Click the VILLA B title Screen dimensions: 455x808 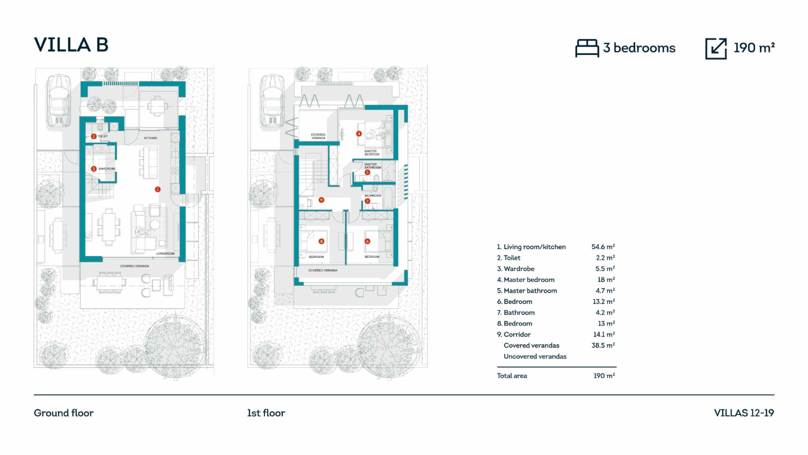71,45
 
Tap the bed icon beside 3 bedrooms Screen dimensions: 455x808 587,48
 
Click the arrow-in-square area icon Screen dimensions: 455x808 716,48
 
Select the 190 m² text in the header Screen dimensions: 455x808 754,48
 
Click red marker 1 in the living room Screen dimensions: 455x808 158,189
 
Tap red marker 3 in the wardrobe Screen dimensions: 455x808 93,169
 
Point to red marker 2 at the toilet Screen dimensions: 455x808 93,136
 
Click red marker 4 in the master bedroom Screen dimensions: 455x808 359,133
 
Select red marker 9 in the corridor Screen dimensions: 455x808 321,200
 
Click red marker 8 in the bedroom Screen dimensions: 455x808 321,241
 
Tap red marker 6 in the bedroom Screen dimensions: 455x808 367,241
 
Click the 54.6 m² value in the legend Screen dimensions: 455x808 603,247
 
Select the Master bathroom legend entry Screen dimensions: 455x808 526,291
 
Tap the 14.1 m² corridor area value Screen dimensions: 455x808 603,334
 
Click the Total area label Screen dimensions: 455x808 512,376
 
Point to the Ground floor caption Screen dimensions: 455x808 64,413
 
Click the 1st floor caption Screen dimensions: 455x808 266,413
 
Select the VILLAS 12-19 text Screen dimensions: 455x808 744,413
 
